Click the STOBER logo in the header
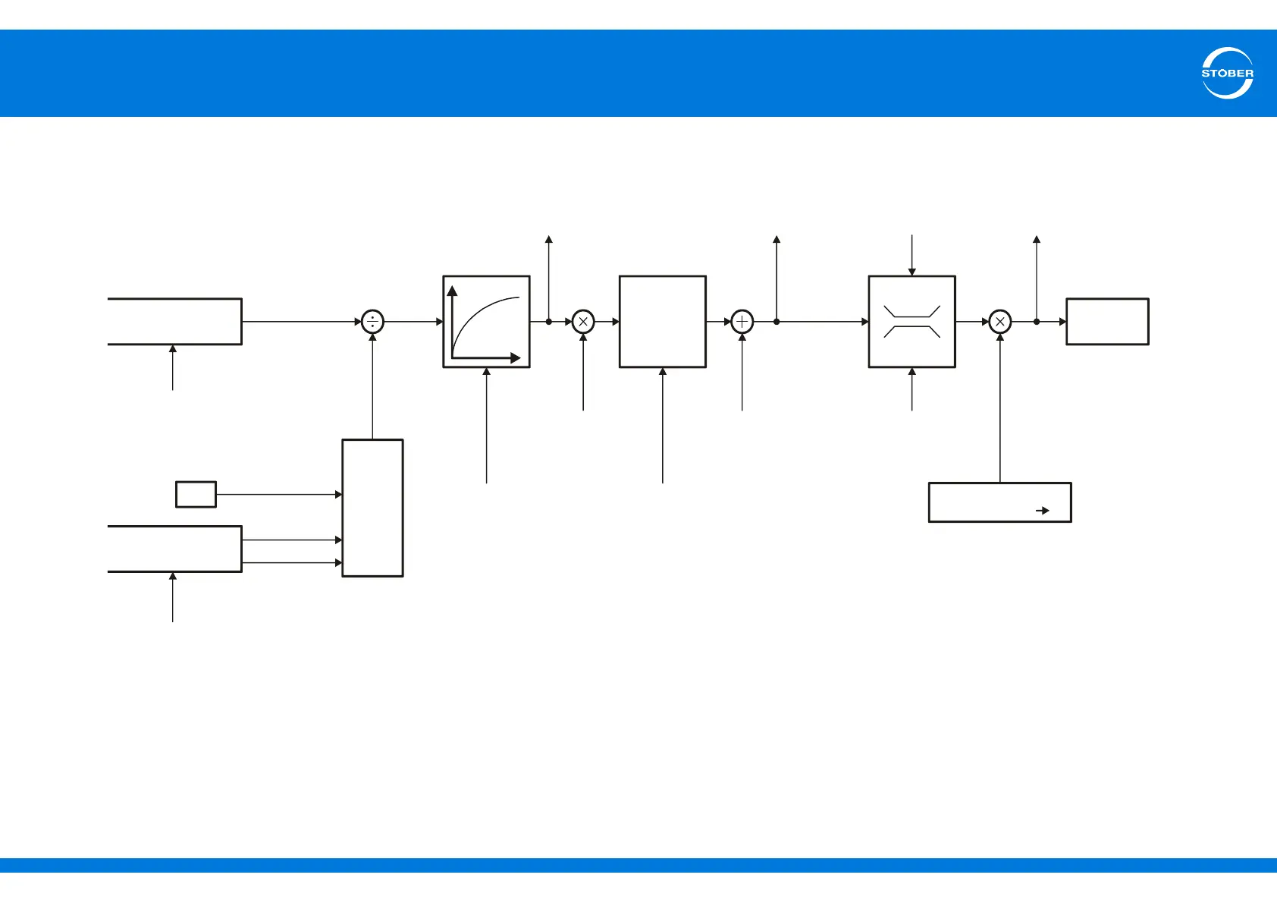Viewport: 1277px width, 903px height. (x=1227, y=73)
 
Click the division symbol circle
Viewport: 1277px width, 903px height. (x=372, y=322)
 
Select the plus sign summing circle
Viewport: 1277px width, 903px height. (x=742, y=322)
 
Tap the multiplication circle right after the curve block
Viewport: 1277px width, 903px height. (x=582, y=322)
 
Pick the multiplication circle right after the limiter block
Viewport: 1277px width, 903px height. (x=1000, y=322)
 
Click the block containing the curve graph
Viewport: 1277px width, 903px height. (x=486, y=322)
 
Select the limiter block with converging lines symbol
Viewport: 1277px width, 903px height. (x=911, y=322)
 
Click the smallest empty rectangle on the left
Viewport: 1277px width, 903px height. (x=196, y=494)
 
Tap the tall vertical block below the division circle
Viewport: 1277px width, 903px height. (x=372, y=508)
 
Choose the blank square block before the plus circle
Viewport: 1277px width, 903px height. (x=662, y=322)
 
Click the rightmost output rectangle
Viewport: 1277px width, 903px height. (x=1107, y=322)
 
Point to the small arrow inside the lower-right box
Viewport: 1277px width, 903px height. (x=1043, y=511)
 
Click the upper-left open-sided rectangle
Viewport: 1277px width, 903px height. (x=174, y=322)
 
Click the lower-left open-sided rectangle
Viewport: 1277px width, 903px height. (x=174, y=549)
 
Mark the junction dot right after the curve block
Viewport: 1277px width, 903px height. (x=548, y=322)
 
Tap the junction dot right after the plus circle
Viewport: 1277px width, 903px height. (x=777, y=322)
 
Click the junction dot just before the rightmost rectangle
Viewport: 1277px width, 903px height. (x=1037, y=322)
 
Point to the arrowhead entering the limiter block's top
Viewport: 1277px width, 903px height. (x=911, y=272)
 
